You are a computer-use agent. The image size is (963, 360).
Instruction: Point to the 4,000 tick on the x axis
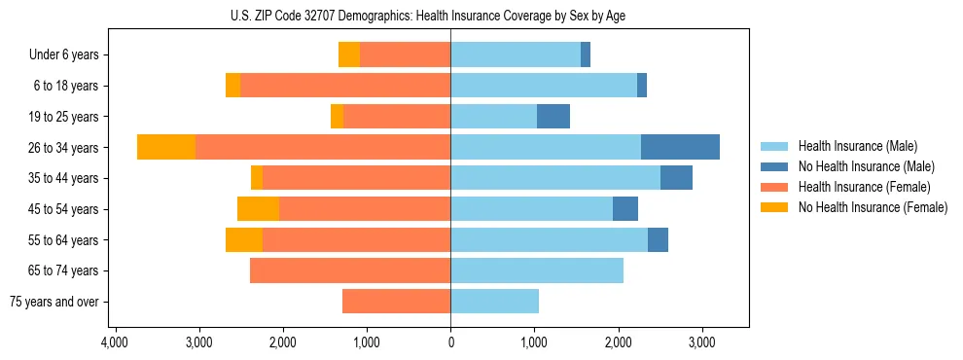coord(115,343)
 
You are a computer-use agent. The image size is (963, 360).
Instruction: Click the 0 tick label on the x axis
coord(450,343)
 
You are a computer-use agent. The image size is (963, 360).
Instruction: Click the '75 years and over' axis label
coord(54,302)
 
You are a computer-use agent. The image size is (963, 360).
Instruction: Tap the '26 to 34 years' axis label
coord(64,148)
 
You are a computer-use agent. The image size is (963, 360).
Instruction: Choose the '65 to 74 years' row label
coord(64,270)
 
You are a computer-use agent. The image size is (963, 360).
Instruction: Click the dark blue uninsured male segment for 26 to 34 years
coord(680,147)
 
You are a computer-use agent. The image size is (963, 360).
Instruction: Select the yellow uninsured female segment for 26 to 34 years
coord(166,147)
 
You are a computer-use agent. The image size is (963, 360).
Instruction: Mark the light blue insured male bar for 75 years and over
coord(494,302)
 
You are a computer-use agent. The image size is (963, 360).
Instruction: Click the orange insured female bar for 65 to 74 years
coord(350,270)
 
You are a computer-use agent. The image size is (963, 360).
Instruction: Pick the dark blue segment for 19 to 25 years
coord(553,116)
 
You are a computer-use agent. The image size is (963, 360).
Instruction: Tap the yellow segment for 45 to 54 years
coord(258,209)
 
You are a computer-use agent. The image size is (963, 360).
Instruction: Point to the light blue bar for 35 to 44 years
coord(554,178)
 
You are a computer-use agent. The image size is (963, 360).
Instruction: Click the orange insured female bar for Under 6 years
coord(405,54)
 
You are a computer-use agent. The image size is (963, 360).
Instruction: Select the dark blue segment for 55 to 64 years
coord(658,239)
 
